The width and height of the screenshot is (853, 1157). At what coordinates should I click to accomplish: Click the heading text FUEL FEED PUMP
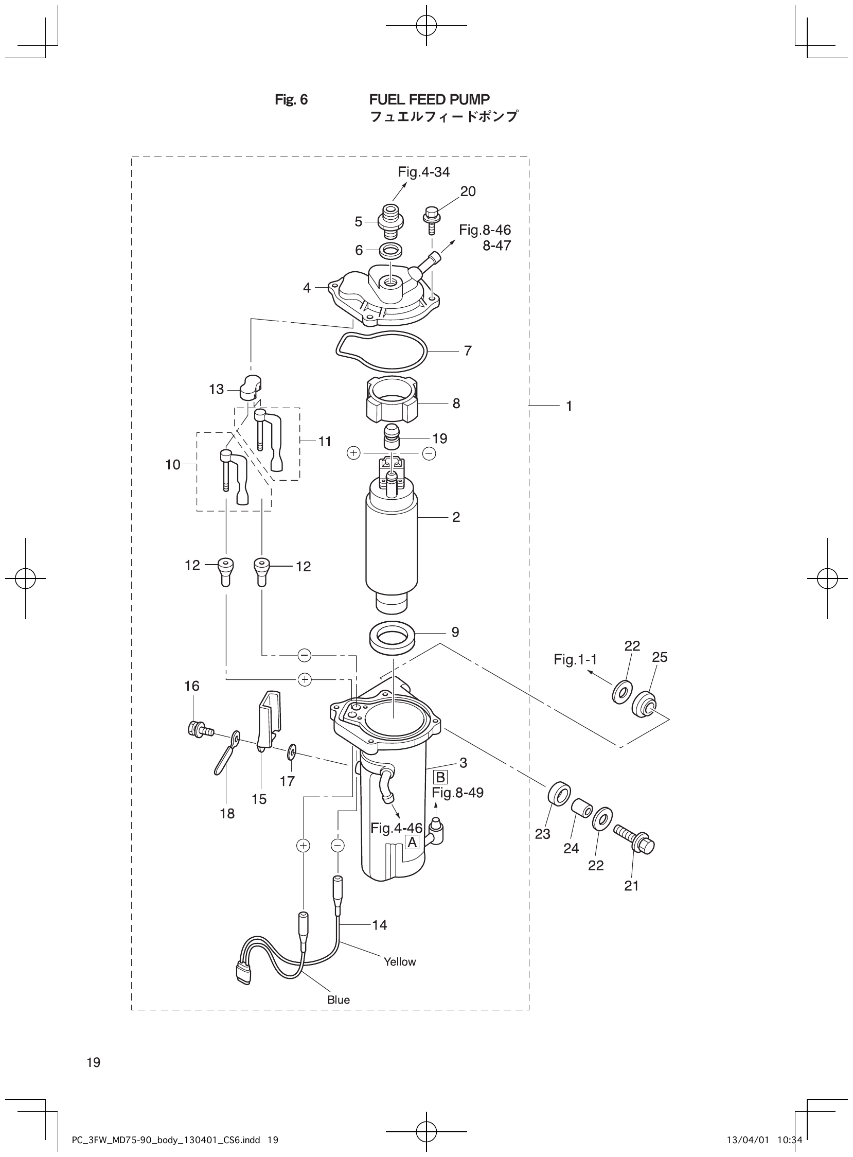point(429,99)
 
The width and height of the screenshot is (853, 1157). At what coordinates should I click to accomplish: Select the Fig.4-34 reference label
point(423,172)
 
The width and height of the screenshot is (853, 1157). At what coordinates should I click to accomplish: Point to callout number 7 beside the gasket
point(468,350)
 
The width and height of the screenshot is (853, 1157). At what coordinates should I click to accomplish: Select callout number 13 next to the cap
point(216,390)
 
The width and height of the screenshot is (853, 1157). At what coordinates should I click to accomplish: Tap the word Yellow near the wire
point(400,962)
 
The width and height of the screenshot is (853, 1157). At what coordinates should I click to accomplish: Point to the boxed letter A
point(412,843)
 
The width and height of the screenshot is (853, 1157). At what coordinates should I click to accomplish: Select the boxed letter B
point(440,777)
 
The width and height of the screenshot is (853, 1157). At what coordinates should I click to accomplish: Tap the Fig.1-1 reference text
point(575,660)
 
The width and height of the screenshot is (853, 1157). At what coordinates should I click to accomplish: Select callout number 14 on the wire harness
point(380,925)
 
